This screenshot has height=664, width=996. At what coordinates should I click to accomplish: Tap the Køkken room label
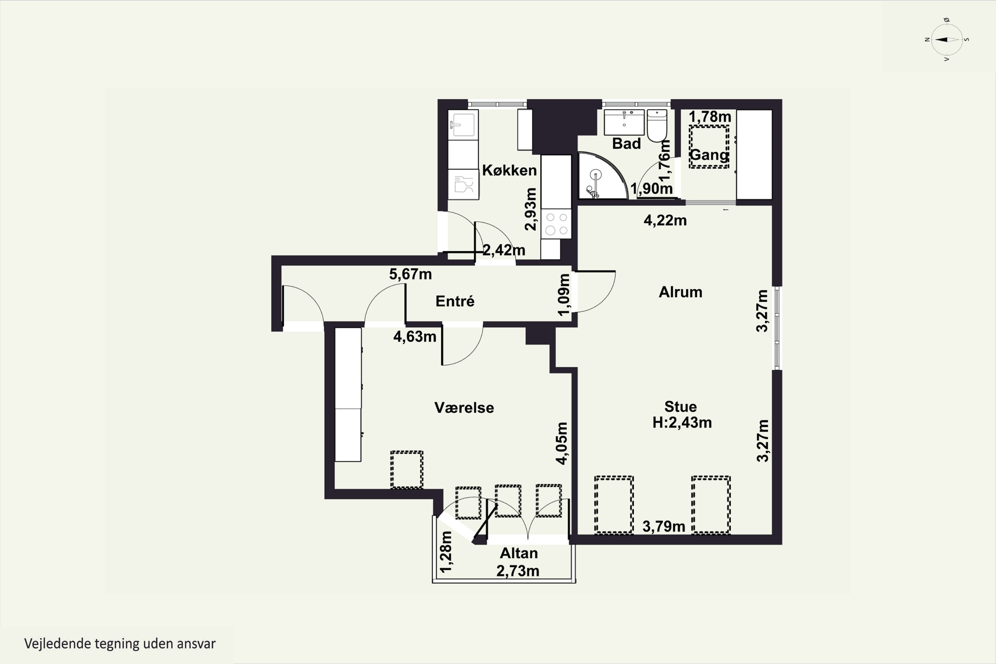(x=509, y=170)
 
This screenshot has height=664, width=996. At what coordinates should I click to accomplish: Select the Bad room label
(x=626, y=143)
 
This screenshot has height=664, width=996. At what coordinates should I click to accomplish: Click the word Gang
(x=709, y=155)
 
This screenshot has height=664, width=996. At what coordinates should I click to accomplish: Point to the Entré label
(x=455, y=301)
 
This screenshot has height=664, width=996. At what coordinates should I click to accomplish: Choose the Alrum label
(x=681, y=292)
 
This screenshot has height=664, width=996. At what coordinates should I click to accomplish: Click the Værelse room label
(x=464, y=407)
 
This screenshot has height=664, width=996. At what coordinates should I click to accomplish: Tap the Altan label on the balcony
(x=519, y=553)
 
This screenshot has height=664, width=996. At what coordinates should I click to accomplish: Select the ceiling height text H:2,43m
(x=682, y=423)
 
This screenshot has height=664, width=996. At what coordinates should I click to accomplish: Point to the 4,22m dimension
(x=665, y=220)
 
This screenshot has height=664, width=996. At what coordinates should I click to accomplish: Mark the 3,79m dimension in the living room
(x=664, y=526)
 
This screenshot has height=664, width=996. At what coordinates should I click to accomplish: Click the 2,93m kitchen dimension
(x=530, y=209)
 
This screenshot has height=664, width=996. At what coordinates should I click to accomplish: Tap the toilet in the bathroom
(x=657, y=125)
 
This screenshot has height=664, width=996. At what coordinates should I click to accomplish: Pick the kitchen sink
(x=463, y=125)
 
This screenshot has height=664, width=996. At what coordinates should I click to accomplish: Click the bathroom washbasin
(x=624, y=122)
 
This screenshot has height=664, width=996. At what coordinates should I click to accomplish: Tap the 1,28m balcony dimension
(x=446, y=552)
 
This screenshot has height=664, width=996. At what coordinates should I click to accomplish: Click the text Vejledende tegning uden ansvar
(x=120, y=644)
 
